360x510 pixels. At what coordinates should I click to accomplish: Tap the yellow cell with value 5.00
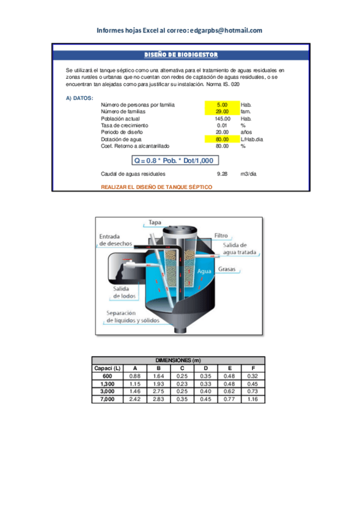tap(222, 105)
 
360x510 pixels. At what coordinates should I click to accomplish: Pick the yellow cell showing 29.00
tap(222, 111)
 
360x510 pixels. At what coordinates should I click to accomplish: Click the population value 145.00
tap(222, 118)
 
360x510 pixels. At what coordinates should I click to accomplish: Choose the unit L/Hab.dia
tap(252, 139)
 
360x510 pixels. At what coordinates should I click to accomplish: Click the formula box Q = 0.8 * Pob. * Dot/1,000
tap(174, 160)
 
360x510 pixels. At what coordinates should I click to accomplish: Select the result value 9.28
tap(222, 174)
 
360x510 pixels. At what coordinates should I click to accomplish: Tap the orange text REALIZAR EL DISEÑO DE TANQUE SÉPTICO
tap(156, 188)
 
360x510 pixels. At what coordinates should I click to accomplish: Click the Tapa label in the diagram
tap(155, 223)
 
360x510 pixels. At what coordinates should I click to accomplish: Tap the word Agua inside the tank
tap(204, 271)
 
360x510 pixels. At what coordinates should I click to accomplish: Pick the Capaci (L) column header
tap(107, 368)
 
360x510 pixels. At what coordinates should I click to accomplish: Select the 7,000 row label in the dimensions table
tap(107, 398)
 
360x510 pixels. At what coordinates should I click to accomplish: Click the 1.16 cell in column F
tap(253, 398)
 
